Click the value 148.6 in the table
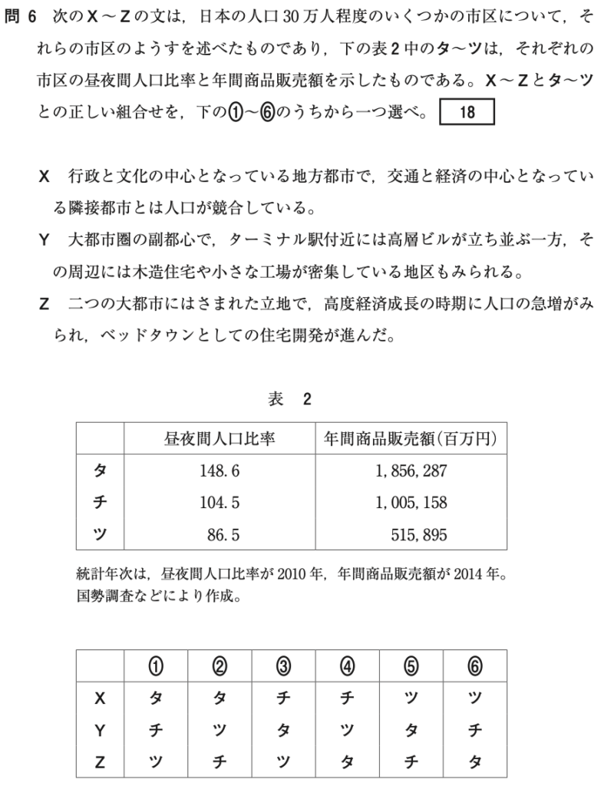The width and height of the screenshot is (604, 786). [x=219, y=471]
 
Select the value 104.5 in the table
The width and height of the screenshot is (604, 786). [x=219, y=503]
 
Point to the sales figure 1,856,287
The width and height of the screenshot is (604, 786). [x=411, y=471]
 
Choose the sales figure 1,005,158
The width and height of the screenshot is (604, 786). [x=411, y=503]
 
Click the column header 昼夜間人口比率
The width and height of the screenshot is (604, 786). [x=219, y=438]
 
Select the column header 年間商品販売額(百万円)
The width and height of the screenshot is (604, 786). [x=411, y=438]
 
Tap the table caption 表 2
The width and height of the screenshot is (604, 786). [x=289, y=398]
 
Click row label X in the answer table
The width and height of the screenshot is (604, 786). [x=99, y=698]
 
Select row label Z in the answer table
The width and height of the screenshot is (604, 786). [x=99, y=761]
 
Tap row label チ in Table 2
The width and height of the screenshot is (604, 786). [x=100, y=503]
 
